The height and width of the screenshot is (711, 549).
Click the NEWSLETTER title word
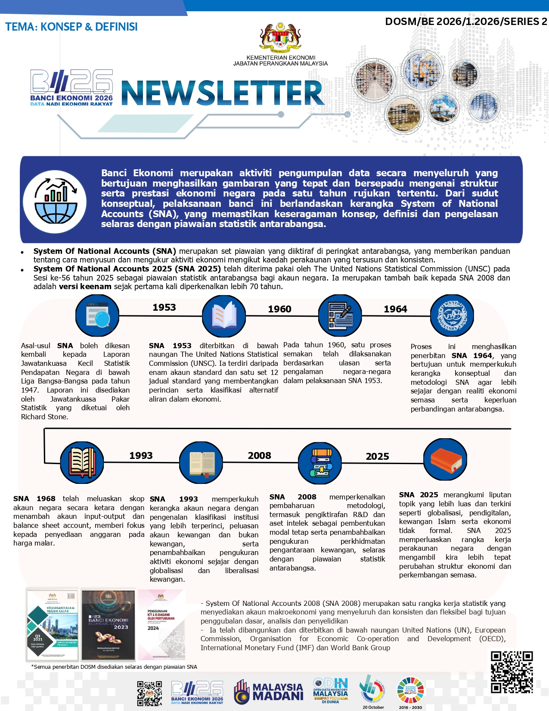pos(223,93)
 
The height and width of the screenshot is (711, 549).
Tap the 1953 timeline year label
pos(164,307)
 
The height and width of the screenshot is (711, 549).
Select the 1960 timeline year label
pos(279,309)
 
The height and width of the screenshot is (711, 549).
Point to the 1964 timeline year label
pos(395,309)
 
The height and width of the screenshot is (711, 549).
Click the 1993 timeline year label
pos(141,455)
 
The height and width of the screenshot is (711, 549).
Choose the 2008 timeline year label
pos(259,455)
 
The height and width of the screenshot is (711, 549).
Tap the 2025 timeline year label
pos(377,456)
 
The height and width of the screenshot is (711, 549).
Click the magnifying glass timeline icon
pos(97,316)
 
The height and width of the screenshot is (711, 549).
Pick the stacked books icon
pos(320,463)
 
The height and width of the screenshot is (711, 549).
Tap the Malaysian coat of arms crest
pos(280,38)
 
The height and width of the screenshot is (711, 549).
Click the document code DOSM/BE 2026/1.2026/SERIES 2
pos(466,22)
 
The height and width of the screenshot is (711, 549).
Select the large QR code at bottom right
pos(512,671)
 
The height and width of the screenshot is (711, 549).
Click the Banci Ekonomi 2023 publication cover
pos(108,625)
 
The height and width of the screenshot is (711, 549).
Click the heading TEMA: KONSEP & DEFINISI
pos(71,27)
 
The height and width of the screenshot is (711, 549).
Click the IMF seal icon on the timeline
pos(452,316)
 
